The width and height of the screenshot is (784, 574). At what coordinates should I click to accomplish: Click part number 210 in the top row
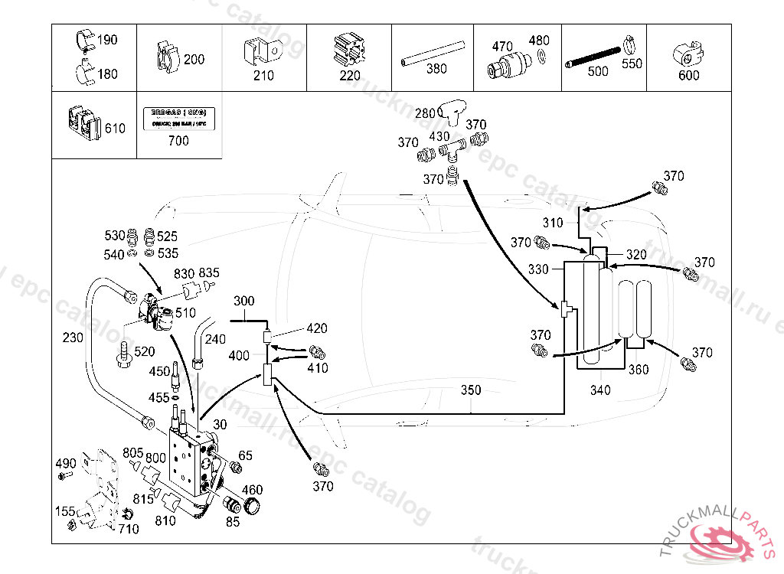point(263,76)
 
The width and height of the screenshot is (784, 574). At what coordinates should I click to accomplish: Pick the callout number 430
point(439,136)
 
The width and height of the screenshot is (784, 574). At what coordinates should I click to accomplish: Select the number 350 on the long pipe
point(471,390)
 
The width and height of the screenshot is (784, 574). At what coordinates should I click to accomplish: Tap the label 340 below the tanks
point(600,390)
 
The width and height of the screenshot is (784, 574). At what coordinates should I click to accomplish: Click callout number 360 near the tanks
point(639,370)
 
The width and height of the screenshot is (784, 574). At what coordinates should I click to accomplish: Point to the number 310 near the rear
point(552,223)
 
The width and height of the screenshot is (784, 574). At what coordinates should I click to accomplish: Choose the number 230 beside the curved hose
point(73,337)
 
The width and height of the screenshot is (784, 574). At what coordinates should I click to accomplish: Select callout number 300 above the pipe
point(243,301)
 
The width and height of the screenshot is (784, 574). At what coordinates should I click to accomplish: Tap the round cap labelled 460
point(250,506)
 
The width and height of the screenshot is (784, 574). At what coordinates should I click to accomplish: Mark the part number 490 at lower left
point(65,463)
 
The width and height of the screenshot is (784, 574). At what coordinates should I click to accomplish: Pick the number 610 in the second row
point(115,129)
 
